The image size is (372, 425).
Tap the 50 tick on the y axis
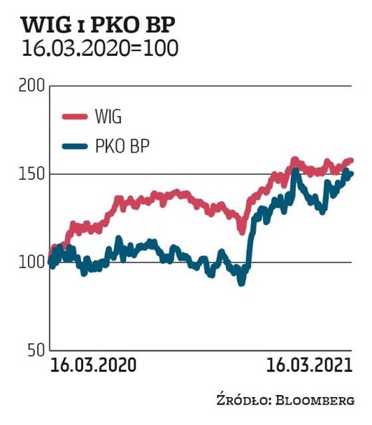pyautogui.click(x=37, y=350)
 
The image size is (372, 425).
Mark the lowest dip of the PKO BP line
pyautogui.click(x=242, y=282)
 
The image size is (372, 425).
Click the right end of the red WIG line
pyautogui.click(x=351, y=161)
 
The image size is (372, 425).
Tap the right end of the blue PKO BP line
pyautogui.click(x=351, y=173)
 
